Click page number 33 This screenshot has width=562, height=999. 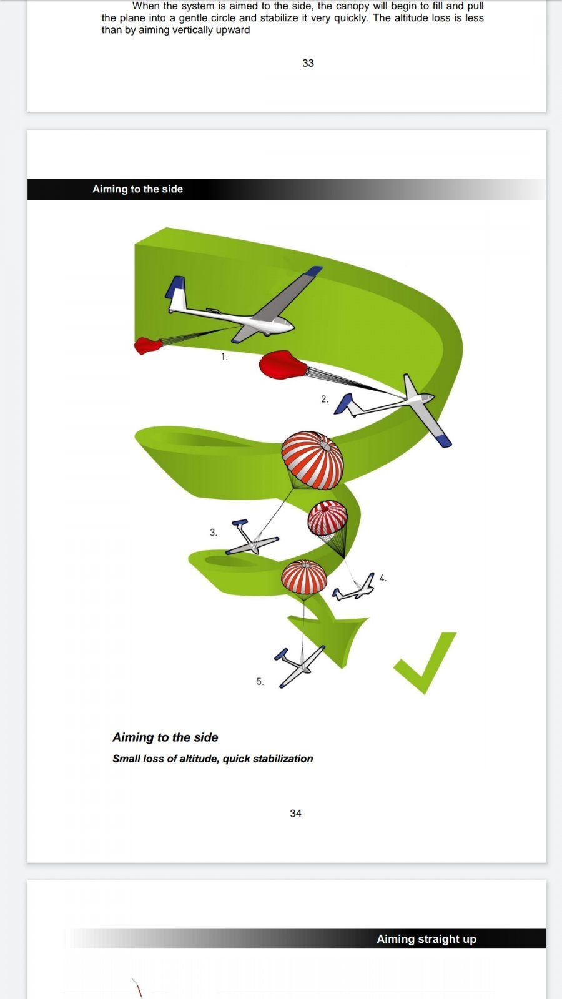point(308,63)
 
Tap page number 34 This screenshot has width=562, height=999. point(295,814)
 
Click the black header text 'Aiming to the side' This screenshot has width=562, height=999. point(137,189)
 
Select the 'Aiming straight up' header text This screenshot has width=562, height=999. point(426,939)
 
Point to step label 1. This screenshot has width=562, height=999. point(224,357)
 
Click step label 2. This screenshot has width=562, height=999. point(324,399)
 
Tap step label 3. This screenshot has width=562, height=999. point(213,533)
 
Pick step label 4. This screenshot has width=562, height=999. point(383,578)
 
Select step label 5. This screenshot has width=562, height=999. point(260,681)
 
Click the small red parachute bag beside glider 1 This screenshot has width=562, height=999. point(147,346)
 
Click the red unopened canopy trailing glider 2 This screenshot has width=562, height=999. point(283,365)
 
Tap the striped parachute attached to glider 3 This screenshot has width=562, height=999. point(312,460)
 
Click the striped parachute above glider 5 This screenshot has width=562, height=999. point(303,577)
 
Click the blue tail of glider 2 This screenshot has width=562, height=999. point(343,403)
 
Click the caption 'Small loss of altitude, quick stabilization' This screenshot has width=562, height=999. point(213,759)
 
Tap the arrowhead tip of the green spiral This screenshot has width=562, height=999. point(342,667)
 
